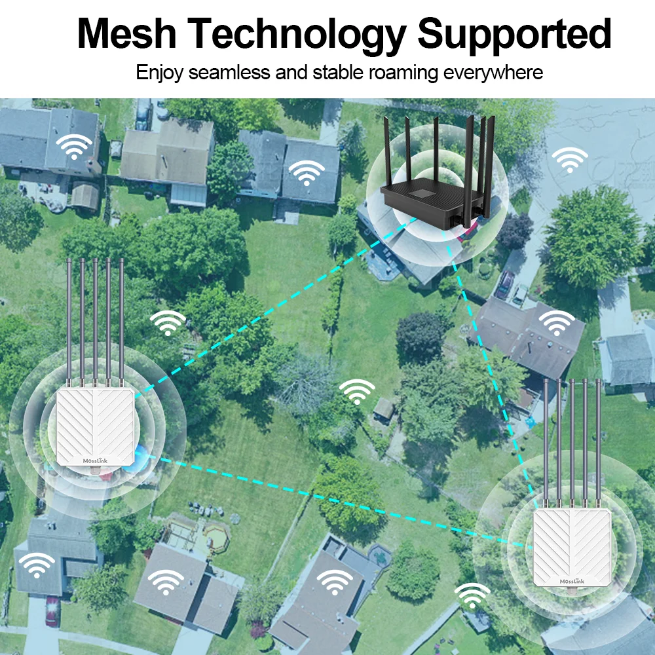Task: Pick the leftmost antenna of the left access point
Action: [x=69, y=321]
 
